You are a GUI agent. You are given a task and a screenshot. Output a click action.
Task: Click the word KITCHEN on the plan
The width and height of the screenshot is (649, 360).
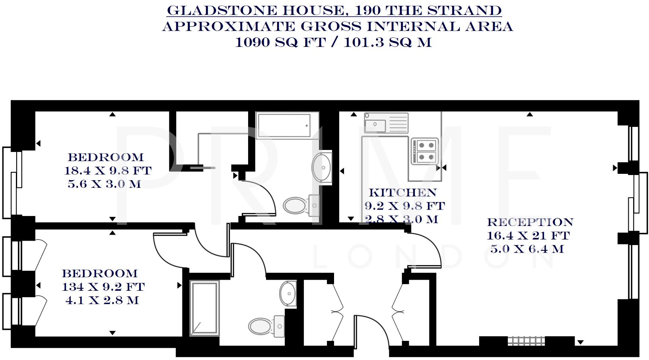(x=402, y=193)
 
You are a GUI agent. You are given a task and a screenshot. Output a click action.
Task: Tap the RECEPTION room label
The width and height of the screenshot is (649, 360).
(x=530, y=222)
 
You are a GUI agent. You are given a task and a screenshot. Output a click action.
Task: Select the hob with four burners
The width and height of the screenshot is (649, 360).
(x=425, y=151)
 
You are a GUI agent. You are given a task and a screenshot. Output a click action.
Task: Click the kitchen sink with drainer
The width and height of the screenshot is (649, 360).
(x=386, y=123)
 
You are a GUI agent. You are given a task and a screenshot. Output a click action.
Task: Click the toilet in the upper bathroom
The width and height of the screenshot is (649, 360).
(x=301, y=205)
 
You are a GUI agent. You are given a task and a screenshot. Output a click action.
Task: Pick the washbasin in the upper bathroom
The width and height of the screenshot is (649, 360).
(x=322, y=167)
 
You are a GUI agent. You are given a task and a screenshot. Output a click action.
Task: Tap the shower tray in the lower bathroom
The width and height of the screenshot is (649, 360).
(x=204, y=308)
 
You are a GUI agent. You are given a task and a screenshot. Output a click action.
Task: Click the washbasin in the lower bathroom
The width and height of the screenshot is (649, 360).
(x=288, y=294)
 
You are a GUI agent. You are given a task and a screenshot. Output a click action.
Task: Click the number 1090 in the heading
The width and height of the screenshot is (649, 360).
(x=253, y=42)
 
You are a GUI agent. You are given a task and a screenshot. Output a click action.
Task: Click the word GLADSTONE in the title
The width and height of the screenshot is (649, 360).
(x=222, y=10)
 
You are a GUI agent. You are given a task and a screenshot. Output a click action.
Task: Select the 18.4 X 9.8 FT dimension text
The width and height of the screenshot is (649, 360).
(x=108, y=171)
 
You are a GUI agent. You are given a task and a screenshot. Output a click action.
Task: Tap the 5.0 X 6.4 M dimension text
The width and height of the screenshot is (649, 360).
(x=527, y=249)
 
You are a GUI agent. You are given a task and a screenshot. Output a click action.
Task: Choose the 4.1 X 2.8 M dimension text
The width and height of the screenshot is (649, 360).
(x=102, y=300)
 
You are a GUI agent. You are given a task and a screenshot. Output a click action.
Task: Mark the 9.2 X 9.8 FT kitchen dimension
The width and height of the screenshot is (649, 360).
(x=404, y=206)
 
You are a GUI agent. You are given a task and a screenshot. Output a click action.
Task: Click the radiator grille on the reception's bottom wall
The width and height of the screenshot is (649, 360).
(x=526, y=341)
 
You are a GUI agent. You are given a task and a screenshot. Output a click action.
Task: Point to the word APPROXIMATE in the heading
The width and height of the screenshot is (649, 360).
(x=229, y=26)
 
